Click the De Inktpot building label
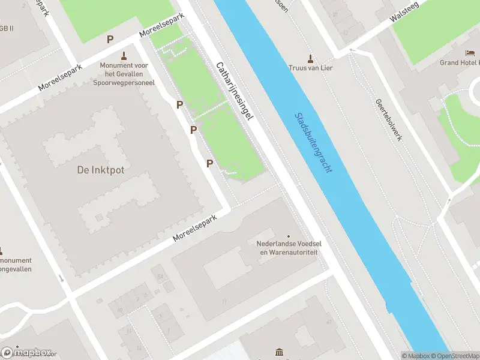[x=101, y=170]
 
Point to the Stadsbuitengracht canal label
[x=314, y=143]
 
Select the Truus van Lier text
[x=310, y=68]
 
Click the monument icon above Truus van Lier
[x=310, y=58]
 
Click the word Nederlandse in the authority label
[x=277, y=244]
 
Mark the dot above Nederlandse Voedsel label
[x=288, y=236]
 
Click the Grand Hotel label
[x=459, y=62]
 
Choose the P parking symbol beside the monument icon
[x=110, y=40]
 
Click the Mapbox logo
[x=27, y=353]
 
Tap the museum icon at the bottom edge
[x=279, y=352]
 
